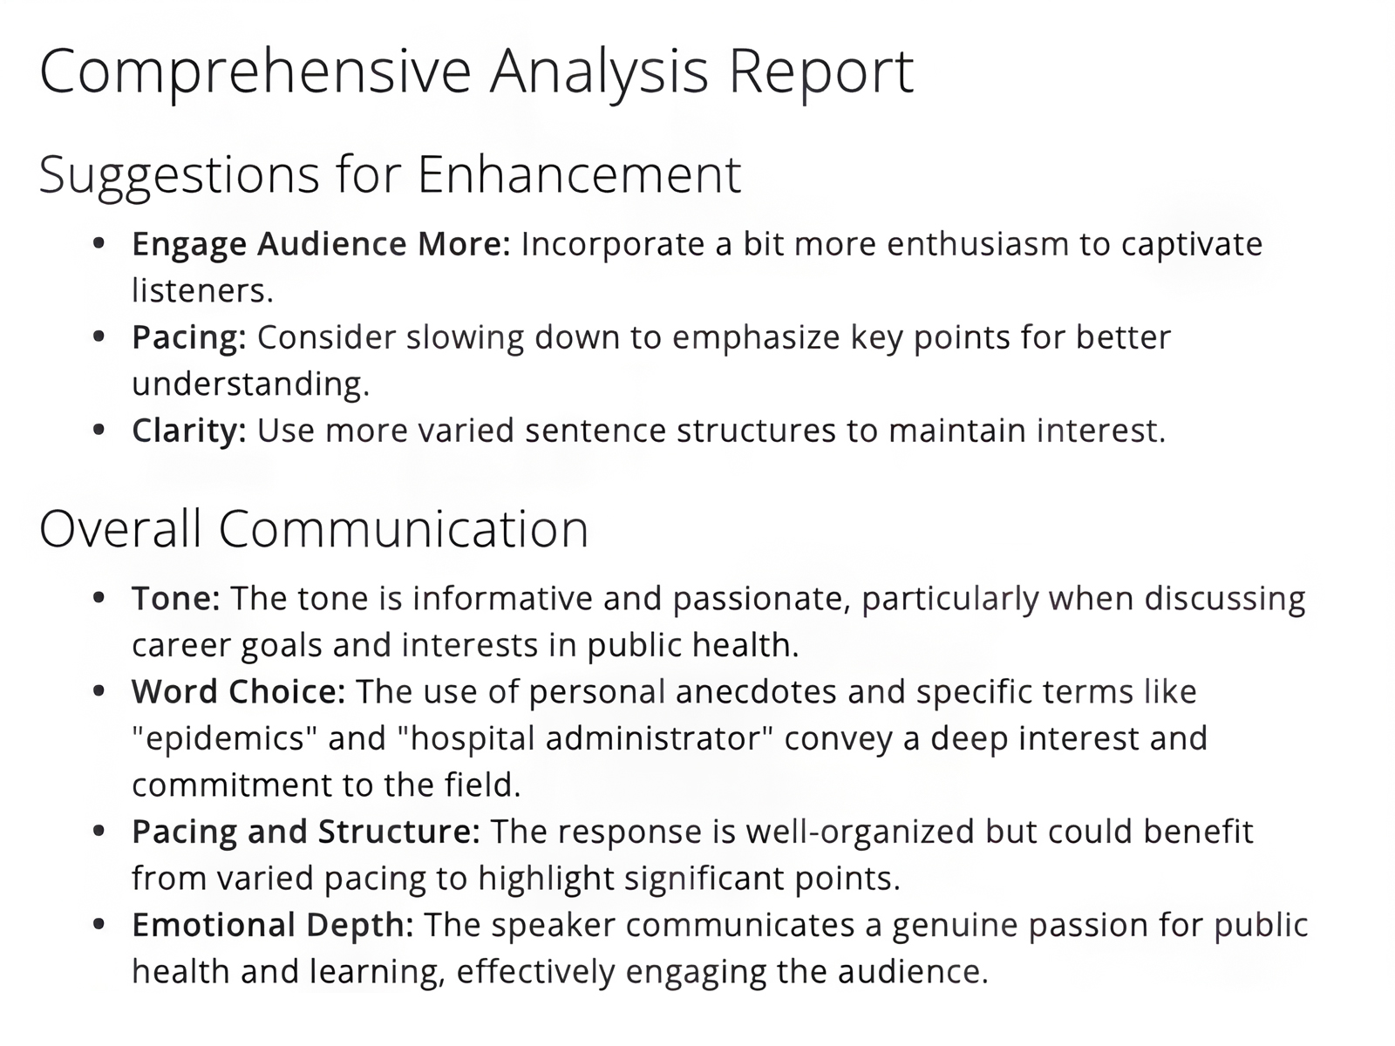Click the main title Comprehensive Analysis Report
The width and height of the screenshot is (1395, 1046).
coord(476,71)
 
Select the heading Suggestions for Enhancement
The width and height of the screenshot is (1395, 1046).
coord(390,174)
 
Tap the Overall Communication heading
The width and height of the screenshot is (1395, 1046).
coord(314,529)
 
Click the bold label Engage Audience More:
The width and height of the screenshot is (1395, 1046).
coord(321,244)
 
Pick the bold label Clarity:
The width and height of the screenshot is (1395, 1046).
coord(189,431)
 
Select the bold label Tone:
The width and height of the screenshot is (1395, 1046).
coord(175,599)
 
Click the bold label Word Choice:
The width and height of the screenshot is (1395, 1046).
coord(239,692)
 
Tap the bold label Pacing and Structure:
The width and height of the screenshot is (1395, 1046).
coord(305,832)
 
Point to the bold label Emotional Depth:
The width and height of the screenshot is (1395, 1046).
coord(273,925)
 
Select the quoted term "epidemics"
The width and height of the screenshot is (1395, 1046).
coord(224,738)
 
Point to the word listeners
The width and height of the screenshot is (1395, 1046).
coord(201,291)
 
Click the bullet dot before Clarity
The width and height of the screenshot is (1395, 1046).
coord(99,430)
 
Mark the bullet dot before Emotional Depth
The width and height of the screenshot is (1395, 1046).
coord(99,924)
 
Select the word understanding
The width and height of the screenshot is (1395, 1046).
coord(250,384)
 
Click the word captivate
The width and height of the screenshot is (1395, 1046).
coord(1191,244)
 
